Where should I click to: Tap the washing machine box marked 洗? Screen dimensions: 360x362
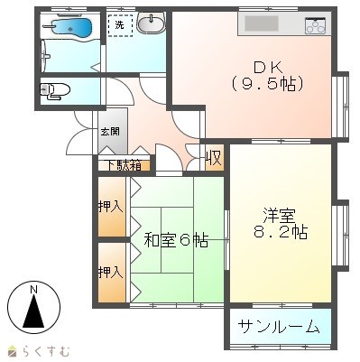(120, 25)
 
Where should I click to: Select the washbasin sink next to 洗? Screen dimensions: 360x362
(151, 23)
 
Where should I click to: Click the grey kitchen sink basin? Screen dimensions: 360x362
(262, 23)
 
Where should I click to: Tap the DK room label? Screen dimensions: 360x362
(268, 68)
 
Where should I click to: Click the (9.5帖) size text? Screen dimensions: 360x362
(267, 84)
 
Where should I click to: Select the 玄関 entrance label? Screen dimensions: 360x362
(110, 132)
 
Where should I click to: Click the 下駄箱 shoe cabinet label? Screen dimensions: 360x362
(125, 166)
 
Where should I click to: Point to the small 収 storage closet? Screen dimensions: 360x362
(215, 158)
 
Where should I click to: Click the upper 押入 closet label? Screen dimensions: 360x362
(111, 207)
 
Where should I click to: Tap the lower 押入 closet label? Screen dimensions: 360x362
(111, 273)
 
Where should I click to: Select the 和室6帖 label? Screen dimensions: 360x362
(176, 240)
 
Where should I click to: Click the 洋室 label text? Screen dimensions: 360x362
(280, 215)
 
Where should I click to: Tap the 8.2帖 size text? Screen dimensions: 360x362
(280, 232)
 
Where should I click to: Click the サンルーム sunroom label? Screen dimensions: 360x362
(279, 326)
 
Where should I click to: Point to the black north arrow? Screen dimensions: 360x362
(33, 311)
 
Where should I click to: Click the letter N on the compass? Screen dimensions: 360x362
(33, 290)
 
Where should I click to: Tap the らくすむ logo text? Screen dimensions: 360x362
(46, 351)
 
